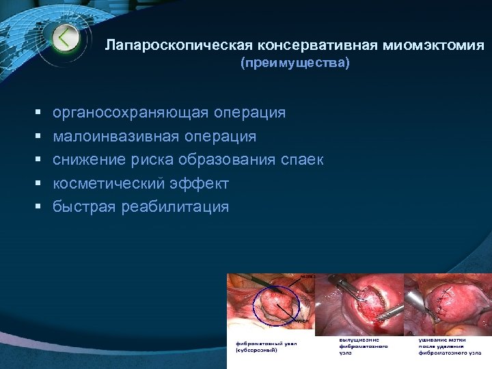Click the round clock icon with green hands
click(64, 38)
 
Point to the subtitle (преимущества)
click(295, 64)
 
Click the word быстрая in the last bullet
click(76, 207)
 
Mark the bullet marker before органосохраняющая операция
click(36, 113)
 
